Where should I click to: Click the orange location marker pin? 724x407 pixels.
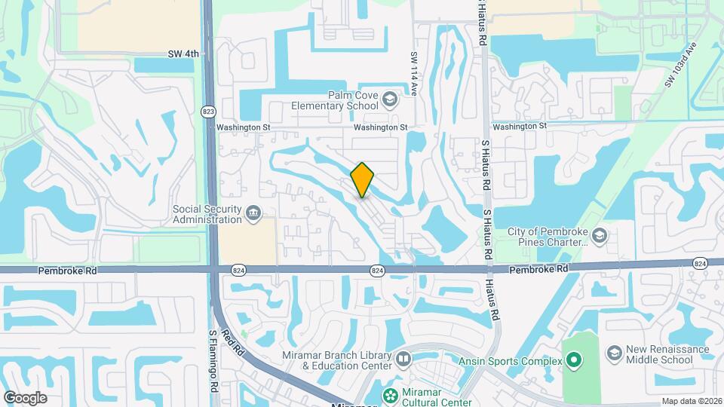click(x=363, y=179)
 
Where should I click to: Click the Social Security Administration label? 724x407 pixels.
click(x=207, y=214)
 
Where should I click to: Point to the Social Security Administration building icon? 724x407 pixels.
click(x=253, y=214)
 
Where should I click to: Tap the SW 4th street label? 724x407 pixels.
click(x=183, y=54)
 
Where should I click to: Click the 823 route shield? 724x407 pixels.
click(x=208, y=112)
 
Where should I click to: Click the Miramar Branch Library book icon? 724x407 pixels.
click(x=403, y=360)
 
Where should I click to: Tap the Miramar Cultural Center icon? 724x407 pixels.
click(x=390, y=394)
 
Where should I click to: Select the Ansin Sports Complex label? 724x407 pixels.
click(x=511, y=361)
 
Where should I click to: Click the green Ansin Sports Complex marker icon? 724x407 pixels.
click(x=574, y=361)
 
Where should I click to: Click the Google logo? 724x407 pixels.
click(x=25, y=397)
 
